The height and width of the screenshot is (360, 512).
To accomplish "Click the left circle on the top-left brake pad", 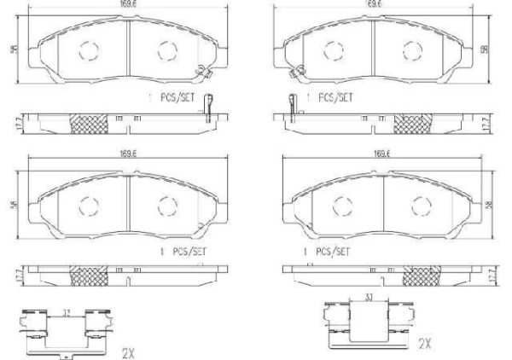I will coord(89,49).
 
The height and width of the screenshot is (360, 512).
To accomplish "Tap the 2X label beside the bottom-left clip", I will coord(127,351).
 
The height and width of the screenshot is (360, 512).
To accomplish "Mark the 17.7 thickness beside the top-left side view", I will coord(11,124).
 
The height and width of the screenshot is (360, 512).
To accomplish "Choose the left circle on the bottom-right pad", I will coord(343,204).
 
